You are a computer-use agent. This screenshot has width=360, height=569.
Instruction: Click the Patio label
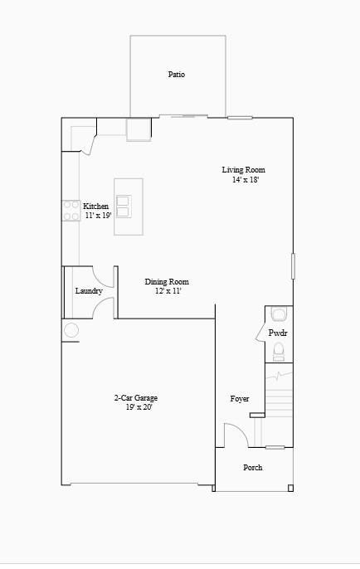coord(176,75)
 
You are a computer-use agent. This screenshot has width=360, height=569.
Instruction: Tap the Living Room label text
coord(243,170)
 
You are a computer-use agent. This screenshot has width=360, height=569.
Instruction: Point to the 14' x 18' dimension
coord(246,180)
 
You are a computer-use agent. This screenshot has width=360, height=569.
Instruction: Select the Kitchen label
coord(95,207)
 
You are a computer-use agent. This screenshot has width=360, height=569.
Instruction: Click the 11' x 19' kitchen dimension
coord(98,216)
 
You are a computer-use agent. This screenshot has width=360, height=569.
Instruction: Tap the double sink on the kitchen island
coord(124,206)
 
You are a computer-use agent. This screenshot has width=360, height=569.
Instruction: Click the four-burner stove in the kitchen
coord(71,211)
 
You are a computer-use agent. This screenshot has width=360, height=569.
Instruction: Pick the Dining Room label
coord(167,282)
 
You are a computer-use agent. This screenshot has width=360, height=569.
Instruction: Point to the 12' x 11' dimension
coord(168,291)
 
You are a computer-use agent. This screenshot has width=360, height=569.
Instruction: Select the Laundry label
coord(89,291)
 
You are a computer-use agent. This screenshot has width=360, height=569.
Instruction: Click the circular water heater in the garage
coord(71,330)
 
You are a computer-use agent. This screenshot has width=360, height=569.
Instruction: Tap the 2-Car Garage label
coord(136,398)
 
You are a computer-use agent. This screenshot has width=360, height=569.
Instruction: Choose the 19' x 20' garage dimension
coord(139,407)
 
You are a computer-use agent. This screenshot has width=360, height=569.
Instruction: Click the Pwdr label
coord(277,333)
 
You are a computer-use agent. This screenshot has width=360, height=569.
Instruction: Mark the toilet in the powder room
coord(279,351)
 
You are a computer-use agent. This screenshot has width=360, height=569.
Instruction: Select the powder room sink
coord(279,314)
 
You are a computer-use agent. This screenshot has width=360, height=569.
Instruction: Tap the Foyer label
coord(240,399)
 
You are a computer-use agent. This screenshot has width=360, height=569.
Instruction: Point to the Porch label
coord(252,468)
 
